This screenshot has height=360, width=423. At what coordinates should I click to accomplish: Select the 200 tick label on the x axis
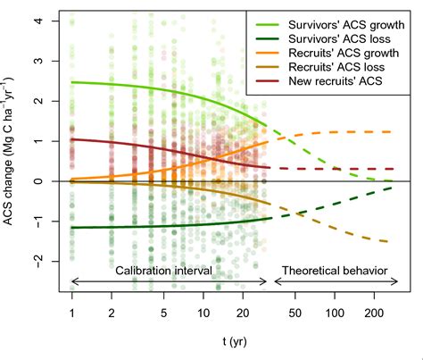373,314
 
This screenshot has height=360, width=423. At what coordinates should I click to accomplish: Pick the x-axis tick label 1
70,314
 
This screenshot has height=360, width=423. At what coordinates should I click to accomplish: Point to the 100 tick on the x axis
335,314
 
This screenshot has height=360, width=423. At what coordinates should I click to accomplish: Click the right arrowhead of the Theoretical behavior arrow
398,282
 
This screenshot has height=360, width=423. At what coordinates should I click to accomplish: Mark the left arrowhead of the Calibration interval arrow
72,282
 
